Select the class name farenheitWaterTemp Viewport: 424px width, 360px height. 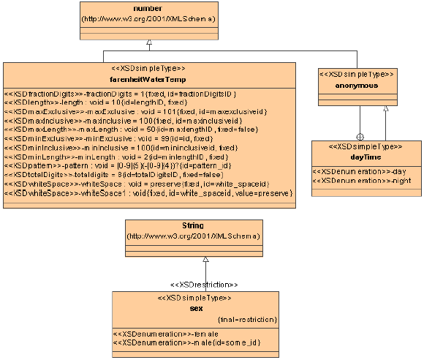pos(148,80)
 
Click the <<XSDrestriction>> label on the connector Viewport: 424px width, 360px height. pos(205,283)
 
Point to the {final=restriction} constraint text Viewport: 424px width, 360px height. pos(248,320)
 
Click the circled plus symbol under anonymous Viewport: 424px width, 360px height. pos(359,136)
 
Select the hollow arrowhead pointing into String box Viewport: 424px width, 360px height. pos(206,259)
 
